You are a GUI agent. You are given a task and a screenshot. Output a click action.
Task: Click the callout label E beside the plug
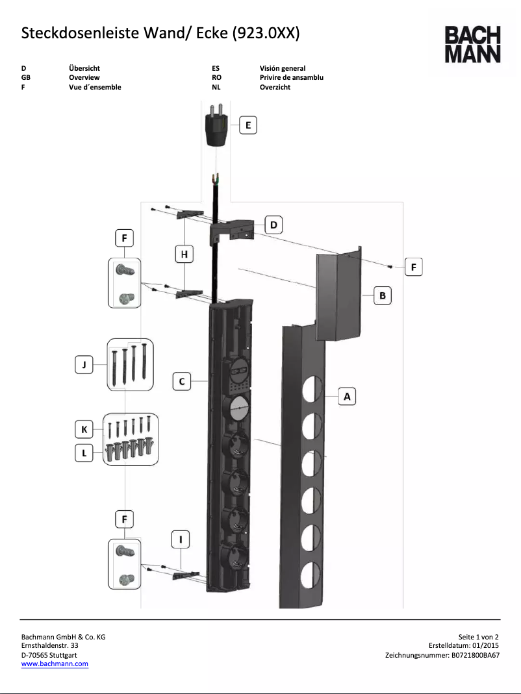coord(248,125)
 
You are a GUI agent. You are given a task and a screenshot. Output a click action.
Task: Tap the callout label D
coord(273,225)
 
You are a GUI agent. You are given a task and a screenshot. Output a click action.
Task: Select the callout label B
coord(383,296)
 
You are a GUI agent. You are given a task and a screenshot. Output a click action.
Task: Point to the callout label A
coord(347,395)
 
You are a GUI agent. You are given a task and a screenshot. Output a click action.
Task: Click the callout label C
coord(182,382)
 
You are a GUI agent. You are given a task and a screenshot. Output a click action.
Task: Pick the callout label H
coord(184,255)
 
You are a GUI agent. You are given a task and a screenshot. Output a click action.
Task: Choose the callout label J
coord(83,366)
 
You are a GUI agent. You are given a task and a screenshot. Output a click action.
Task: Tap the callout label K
coord(83,429)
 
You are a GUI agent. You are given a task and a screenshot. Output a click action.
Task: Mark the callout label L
coord(83,454)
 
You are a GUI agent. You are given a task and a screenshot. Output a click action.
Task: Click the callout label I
coord(181,539)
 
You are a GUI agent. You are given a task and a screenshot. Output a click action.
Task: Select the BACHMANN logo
coord(472,44)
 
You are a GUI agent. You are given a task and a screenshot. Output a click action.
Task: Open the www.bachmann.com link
coord(55,663)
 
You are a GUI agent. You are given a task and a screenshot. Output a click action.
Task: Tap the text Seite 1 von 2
coord(479,637)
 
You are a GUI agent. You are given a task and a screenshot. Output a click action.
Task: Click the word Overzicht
coord(275,87)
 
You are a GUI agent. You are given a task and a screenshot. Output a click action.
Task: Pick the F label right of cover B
coord(414,266)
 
